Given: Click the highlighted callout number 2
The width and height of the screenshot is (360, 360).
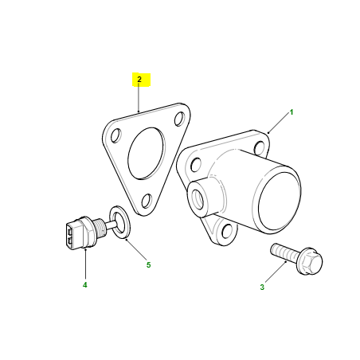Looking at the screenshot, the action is [139, 79].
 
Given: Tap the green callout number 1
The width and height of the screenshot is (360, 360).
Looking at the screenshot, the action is [292, 112].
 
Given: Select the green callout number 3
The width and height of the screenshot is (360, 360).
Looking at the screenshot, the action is [262, 287].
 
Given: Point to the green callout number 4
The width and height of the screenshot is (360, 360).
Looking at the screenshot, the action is [84, 285].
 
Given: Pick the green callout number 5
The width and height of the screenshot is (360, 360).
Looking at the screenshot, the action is [148, 264].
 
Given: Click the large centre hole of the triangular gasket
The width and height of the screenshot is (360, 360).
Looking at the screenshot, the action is [146, 153].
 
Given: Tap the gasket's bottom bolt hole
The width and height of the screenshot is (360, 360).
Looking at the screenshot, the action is [147, 201].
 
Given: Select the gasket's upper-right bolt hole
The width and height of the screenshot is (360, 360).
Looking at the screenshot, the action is [179, 119].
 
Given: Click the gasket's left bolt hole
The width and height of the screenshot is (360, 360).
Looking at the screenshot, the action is [116, 135].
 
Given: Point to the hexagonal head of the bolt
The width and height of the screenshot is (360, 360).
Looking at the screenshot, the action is [311, 261].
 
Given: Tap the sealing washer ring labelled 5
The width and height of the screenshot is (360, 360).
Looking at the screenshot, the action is [119, 222].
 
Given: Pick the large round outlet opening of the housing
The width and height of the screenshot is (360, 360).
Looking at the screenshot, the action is [279, 202].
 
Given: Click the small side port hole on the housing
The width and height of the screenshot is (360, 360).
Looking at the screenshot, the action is [197, 199].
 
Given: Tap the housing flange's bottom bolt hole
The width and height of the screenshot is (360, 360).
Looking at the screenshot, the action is [227, 231].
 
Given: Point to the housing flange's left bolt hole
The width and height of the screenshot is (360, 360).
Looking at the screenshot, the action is [196, 165].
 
